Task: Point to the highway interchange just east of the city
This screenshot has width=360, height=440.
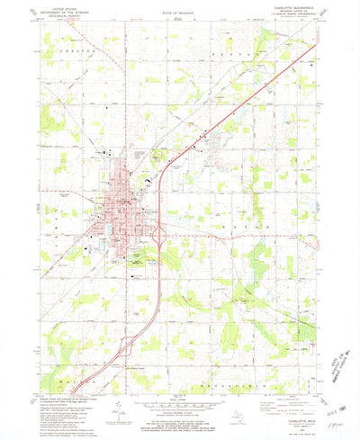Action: pyautogui.click(x=158, y=237)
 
